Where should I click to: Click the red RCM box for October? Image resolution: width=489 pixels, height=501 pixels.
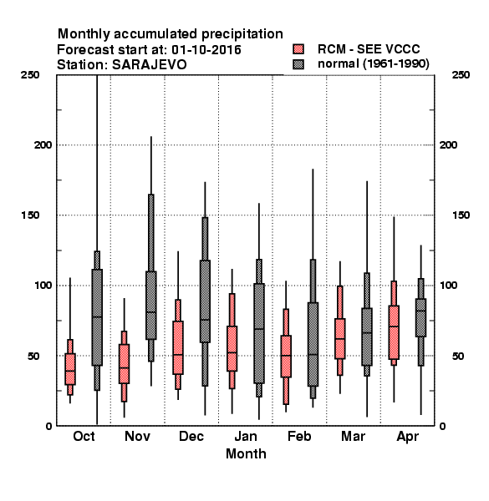click(70, 369)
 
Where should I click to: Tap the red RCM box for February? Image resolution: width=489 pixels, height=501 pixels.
click(286, 357)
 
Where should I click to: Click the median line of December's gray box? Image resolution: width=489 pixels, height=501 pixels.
click(205, 320)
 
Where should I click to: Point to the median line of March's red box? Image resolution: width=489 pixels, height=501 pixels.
click(340, 338)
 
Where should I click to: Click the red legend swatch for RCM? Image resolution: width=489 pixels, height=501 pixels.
click(298, 49)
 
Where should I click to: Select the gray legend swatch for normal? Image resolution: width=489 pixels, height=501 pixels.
click(298, 64)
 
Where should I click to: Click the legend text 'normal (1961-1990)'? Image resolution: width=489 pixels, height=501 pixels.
click(373, 64)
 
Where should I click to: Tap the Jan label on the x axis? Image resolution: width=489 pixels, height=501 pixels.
click(246, 436)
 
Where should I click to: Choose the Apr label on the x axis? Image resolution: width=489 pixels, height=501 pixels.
click(407, 437)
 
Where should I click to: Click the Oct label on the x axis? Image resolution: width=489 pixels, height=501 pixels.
click(84, 436)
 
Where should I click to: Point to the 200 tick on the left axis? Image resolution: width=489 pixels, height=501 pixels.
click(43, 145)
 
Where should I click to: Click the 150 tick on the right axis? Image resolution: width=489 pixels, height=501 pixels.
click(461, 215)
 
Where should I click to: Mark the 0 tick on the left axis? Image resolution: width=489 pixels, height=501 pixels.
click(48, 426)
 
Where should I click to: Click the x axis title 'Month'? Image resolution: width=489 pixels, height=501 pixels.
click(246, 453)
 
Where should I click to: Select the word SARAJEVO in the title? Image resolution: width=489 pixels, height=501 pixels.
click(149, 65)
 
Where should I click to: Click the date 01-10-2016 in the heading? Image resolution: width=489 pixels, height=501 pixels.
click(206, 50)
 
